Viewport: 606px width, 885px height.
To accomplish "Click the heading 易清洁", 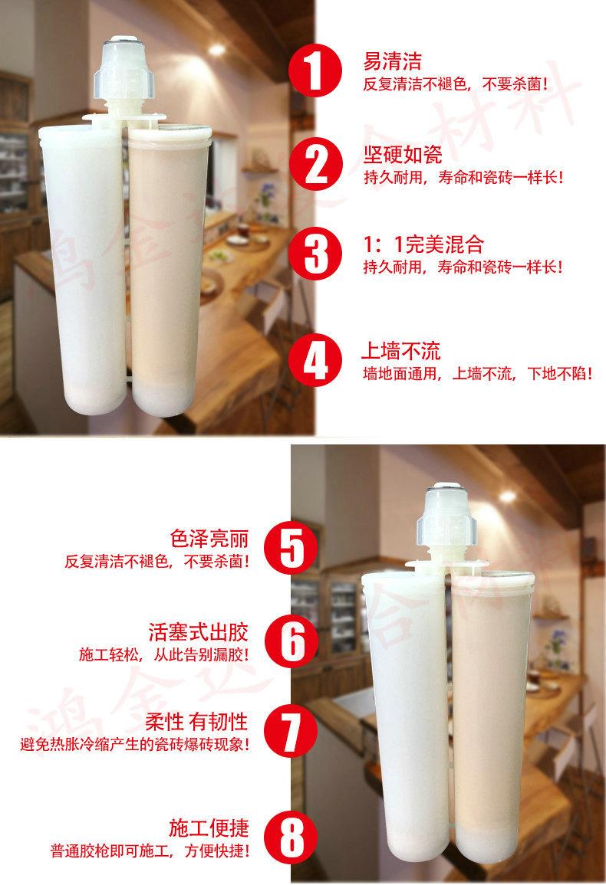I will (392, 61).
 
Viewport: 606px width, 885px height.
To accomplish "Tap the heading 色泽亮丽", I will (210, 537).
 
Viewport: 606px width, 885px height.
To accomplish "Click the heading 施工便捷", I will (210, 829).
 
